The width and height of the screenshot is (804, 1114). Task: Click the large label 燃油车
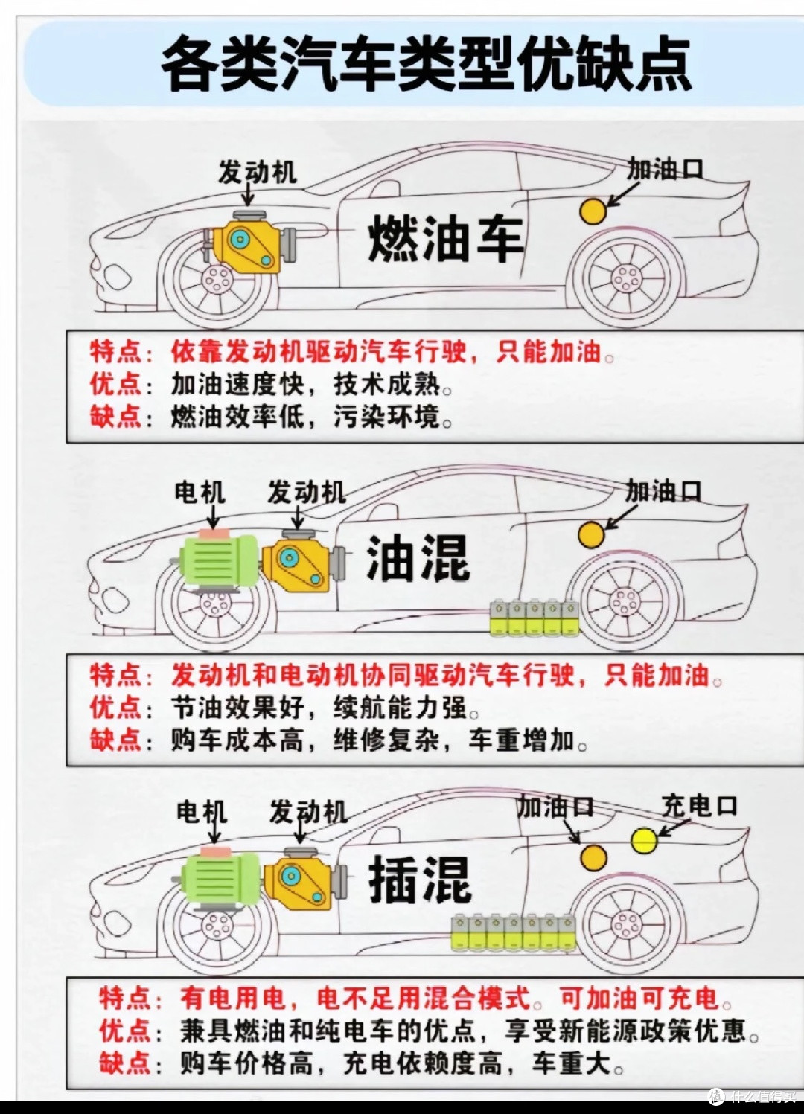446,238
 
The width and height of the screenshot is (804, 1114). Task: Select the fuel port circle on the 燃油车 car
593,211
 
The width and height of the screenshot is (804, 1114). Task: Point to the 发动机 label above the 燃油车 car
258,172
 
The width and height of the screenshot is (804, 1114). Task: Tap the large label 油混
418,558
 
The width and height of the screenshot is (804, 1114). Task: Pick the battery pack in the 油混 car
535,618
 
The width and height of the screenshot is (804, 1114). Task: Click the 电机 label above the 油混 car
200,492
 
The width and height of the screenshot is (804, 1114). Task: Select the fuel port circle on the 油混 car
592,534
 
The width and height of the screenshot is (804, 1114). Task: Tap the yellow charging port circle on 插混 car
644,841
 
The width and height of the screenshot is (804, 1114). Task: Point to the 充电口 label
699,805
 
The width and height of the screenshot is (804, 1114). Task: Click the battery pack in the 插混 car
514,933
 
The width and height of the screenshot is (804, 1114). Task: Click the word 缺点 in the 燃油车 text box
115,416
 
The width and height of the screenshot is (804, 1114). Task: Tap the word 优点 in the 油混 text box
115,707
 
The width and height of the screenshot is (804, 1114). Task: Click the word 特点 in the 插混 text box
124,998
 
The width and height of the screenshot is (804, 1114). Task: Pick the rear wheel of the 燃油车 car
626,278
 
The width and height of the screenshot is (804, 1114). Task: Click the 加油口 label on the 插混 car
555,807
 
